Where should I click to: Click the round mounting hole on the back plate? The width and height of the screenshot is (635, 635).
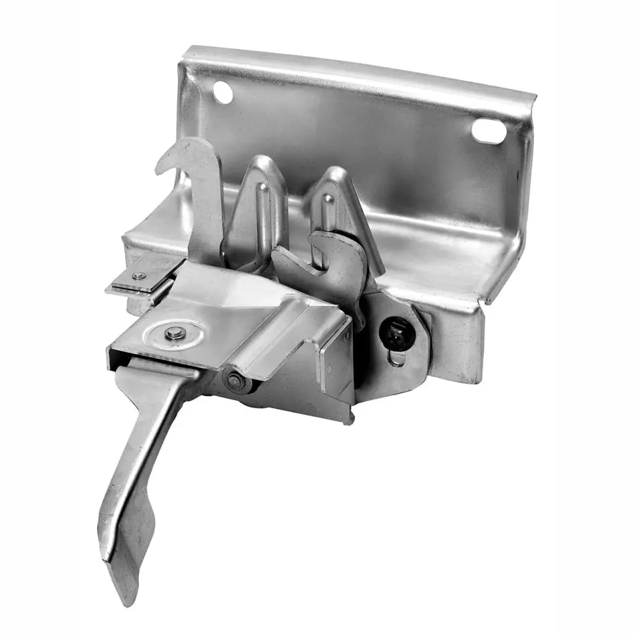pos(223,92)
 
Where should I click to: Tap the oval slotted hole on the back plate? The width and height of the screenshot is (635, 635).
pos(489,130)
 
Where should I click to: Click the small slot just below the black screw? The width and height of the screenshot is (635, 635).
pos(397,360)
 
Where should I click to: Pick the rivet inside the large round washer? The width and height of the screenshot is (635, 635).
pos(175,332)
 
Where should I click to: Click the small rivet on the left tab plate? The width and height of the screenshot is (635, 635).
pos(139,276)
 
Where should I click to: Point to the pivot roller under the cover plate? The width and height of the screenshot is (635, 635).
pos(236,380)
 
